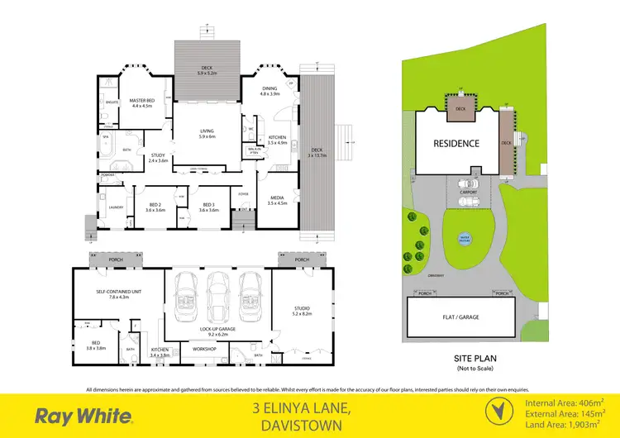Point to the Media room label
[x=277, y=200]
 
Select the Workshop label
[x=204, y=350]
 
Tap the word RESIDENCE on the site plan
[x=456, y=143]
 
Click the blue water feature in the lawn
[x=465, y=239]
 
